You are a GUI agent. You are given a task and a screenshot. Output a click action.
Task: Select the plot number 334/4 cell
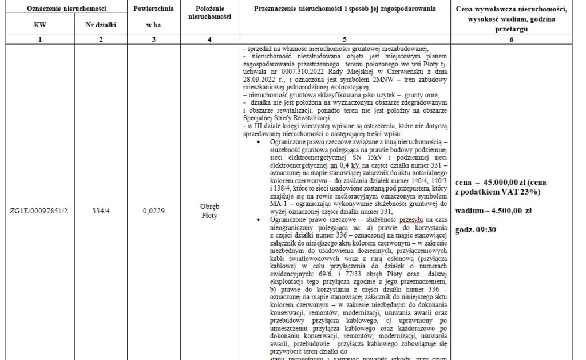tap(101, 211)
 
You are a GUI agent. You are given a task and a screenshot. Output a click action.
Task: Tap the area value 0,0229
tap(153, 211)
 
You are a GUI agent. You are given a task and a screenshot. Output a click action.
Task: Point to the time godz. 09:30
tap(476, 230)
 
